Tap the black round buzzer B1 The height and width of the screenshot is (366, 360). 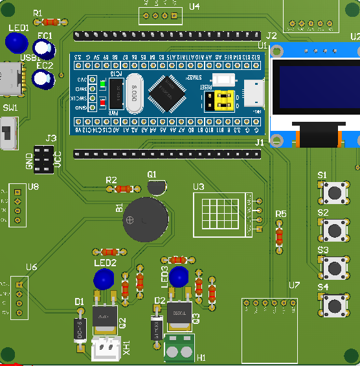click(x=144, y=220)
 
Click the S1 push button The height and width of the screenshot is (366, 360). click(x=335, y=192)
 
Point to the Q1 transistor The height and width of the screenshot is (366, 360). click(x=156, y=187)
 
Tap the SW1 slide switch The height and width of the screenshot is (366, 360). click(x=9, y=133)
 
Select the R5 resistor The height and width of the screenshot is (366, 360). click(x=280, y=236)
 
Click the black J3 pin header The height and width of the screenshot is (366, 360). click(x=44, y=160)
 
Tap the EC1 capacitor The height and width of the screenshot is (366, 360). click(x=43, y=49)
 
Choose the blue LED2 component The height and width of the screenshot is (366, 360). click(x=104, y=280)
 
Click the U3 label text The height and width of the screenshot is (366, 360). click(x=198, y=187)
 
